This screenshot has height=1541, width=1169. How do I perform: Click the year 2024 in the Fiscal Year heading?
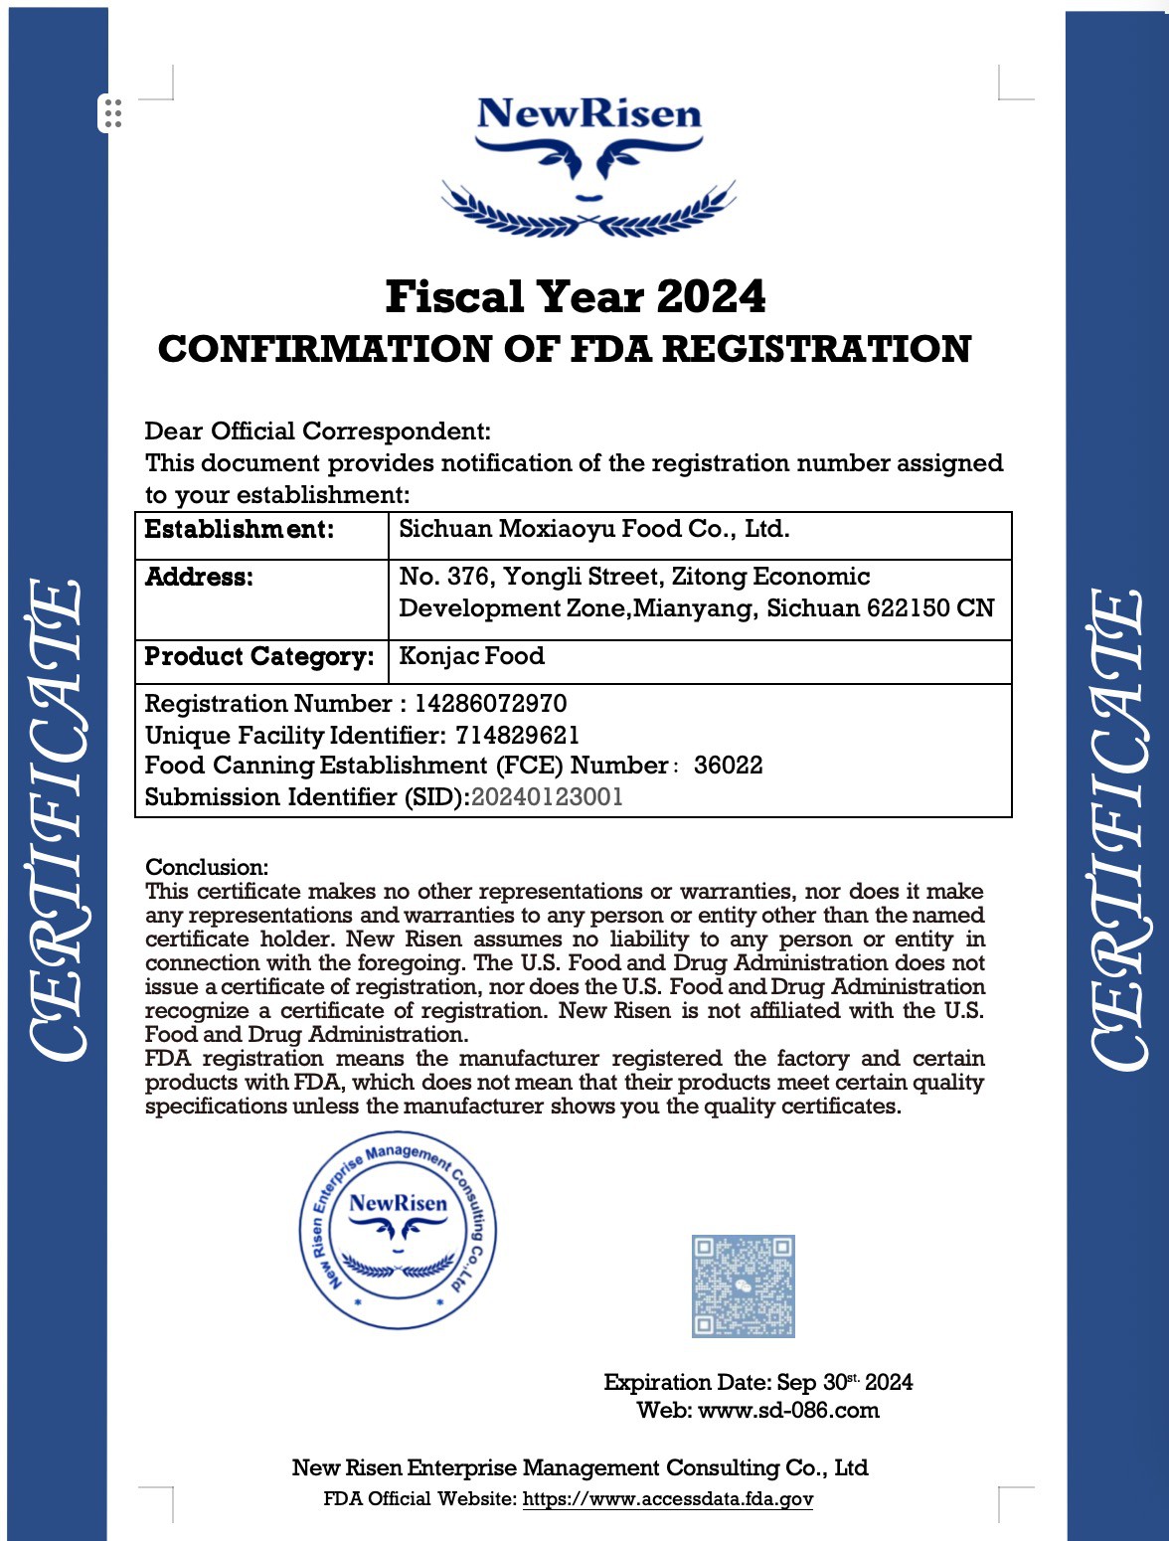(711, 296)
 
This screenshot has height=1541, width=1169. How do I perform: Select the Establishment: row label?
(240, 529)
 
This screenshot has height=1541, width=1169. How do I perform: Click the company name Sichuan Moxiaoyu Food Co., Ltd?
(594, 529)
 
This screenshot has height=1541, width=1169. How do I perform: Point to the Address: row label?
(199, 577)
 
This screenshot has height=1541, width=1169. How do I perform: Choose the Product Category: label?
(259, 656)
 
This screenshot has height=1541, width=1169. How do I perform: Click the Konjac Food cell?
(471, 656)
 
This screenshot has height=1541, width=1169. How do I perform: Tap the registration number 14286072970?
(490, 704)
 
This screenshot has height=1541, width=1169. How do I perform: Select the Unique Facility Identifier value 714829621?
(517, 735)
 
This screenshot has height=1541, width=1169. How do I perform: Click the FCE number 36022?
(728, 766)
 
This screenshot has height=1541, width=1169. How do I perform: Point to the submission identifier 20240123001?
(547, 797)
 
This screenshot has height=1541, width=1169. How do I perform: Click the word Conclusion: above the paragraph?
(207, 867)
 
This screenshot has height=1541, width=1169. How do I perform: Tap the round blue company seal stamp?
(398, 1230)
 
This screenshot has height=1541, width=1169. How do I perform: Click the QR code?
(743, 1285)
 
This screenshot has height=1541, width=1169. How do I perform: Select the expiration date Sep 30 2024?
(844, 1382)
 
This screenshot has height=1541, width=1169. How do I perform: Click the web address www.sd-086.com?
(788, 1410)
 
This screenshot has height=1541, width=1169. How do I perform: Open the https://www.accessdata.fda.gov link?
(668, 1499)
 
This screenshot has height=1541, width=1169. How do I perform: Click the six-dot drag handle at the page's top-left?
(112, 113)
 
